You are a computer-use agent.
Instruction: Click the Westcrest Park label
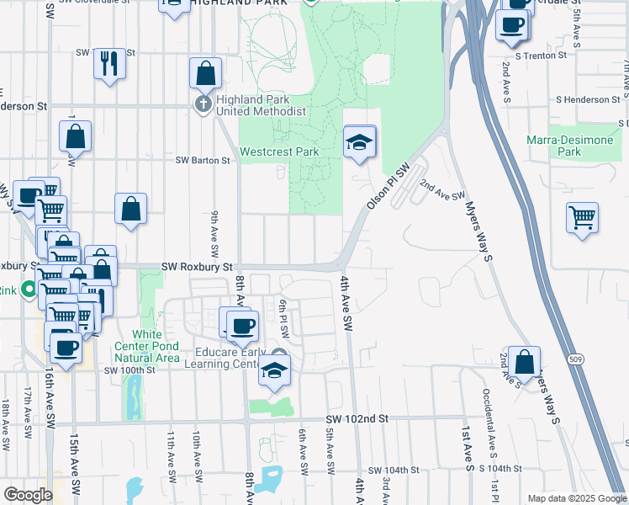pos(278,152)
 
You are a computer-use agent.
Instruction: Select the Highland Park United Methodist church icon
pos(203,104)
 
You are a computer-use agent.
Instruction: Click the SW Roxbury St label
pos(197,267)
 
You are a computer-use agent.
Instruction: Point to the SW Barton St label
pos(202,160)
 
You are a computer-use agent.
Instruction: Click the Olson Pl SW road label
pos(388,186)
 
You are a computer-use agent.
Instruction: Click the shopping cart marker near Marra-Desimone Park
pos(582,217)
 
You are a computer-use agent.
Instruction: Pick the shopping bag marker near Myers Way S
pos(524,362)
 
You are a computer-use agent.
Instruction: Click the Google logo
pos(28,495)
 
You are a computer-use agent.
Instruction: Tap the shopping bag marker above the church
pos(206,74)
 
